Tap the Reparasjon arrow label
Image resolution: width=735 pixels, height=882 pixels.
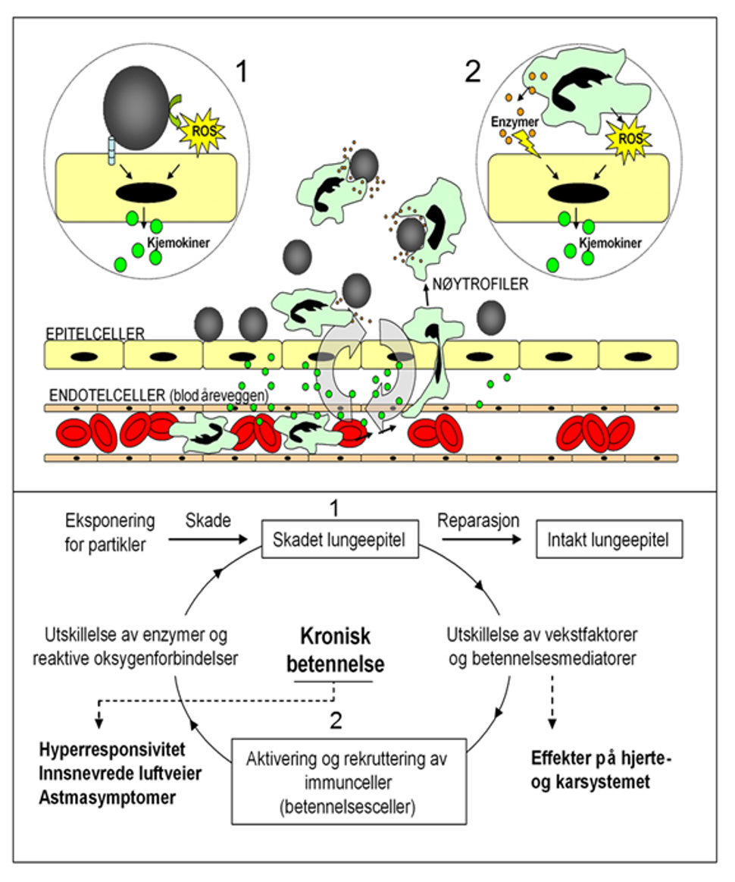tap(478, 521)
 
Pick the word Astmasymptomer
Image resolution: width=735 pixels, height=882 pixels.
tap(105, 799)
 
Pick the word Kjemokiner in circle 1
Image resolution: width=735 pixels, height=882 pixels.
tap(180, 244)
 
